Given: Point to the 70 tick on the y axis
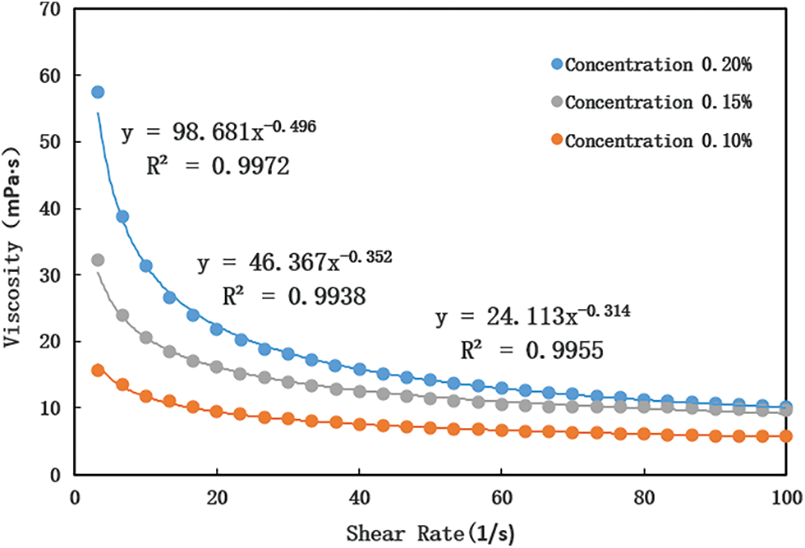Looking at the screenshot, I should [53, 9].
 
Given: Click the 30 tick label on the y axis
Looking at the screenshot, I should [53, 275].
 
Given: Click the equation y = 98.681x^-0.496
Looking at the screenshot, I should [218, 131].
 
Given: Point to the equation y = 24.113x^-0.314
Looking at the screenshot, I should [532, 316].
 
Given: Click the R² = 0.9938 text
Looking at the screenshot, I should [295, 297].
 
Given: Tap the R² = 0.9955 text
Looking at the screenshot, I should [532, 352].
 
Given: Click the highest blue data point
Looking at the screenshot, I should [98, 92].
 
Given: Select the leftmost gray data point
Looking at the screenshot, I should [98, 260].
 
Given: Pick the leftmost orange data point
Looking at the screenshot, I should [98, 371].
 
